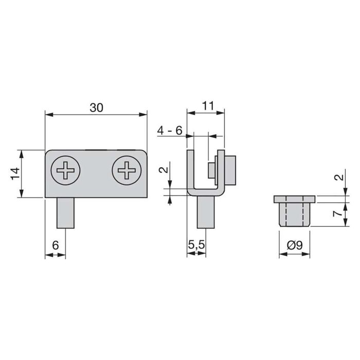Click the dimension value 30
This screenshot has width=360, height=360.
point(96,107)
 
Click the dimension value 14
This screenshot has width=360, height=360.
point(15,174)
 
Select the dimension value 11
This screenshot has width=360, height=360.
point(207,105)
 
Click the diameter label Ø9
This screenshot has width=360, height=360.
point(295,246)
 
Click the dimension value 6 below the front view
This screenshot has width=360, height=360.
point(56,246)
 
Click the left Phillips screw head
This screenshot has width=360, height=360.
point(66,169)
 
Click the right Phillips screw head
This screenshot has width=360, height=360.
point(127,169)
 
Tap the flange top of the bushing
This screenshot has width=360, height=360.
point(295,200)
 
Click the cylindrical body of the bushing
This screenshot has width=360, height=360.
point(295,215)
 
